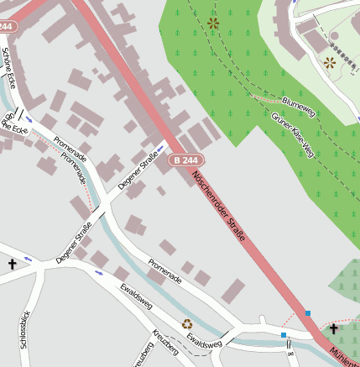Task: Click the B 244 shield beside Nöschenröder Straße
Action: (185, 160)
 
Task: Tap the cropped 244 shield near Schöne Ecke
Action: (7, 27)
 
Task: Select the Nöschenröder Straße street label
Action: (219, 207)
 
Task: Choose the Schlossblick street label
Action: (24, 328)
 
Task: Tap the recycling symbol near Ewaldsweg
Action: (187, 323)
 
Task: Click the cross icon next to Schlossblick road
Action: (13, 265)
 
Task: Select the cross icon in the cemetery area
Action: (333, 329)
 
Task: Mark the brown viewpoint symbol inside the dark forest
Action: (213, 24)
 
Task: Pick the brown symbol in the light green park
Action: (329, 62)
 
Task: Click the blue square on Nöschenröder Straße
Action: (308, 313)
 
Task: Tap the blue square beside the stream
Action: (284, 335)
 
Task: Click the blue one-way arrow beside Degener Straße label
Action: (159, 149)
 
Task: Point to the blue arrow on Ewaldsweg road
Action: (101, 272)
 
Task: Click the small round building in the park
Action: (335, 36)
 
